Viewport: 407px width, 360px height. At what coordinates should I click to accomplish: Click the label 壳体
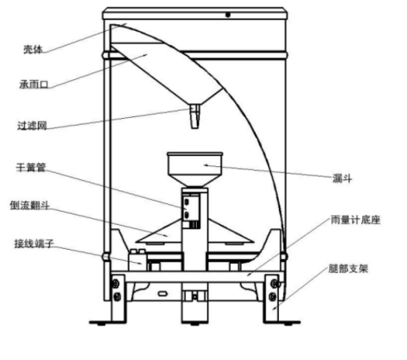click(x=33, y=50)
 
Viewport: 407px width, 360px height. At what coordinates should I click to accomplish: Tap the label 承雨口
click(x=34, y=84)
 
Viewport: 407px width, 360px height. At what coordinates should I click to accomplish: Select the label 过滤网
click(x=32, y=126)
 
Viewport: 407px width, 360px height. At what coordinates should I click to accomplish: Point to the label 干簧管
click(x=31, y=167)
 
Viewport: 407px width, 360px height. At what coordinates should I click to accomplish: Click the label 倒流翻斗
click(x=30, y=205)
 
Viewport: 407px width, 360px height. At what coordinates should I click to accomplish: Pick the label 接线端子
click(x=34, y=244)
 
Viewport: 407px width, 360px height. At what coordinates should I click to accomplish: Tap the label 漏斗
click(x=342, y=178)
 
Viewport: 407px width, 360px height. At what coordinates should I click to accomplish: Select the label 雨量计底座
click(x=355, y=220)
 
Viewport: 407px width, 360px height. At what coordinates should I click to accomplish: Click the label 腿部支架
click(x=348, y=269)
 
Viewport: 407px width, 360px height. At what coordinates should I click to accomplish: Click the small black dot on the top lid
click(x=228, y=15)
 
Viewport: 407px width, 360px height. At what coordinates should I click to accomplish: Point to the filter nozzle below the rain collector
click(x=194, y=116)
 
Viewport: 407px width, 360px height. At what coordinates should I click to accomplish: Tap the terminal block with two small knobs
click(x=138, y=260)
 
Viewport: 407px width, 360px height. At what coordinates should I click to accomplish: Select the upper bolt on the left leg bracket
click(x=115, y=283)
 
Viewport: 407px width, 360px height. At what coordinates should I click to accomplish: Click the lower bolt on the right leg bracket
click(x=273, y=296)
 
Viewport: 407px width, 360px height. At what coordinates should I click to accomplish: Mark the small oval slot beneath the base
click(x=163, y=294)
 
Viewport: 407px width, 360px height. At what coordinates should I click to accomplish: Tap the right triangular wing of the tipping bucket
click(x=231, y=233)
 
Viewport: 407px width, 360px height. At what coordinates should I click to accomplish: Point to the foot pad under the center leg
click(x=195, y=324)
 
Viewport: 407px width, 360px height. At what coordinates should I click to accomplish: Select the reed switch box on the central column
click(x=191, y=211)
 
